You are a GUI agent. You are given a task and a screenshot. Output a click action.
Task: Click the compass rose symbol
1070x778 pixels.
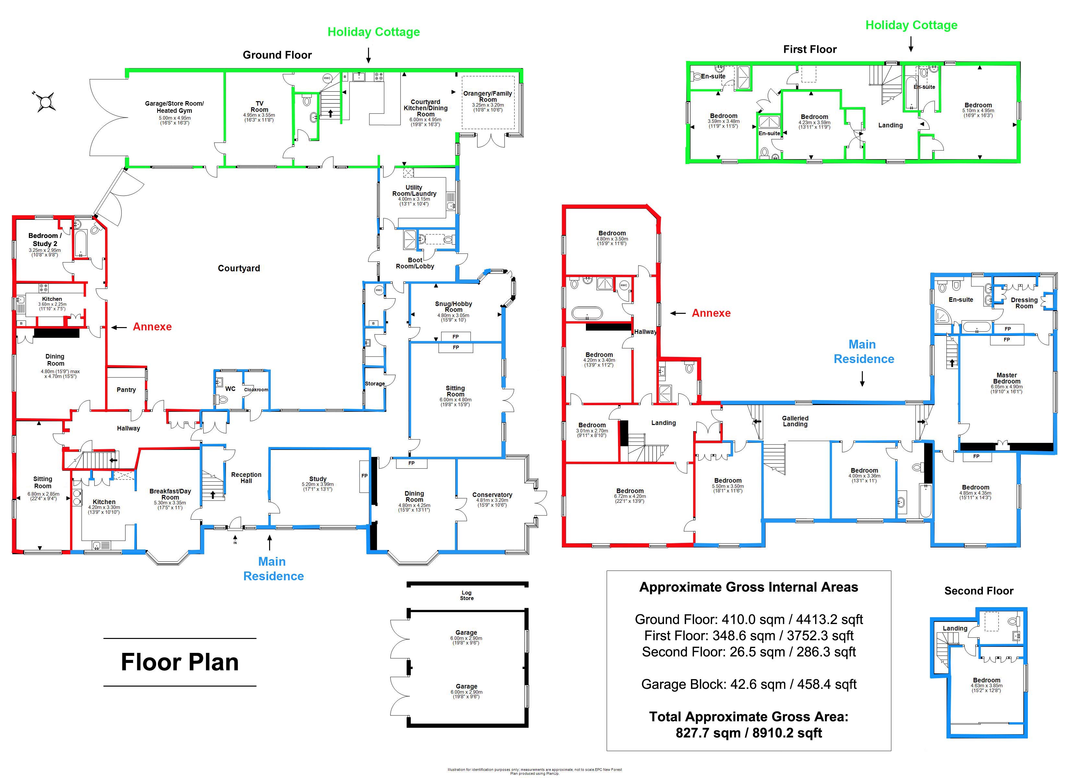[46, 101]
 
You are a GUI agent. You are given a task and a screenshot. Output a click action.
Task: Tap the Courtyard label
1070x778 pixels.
[239, 268]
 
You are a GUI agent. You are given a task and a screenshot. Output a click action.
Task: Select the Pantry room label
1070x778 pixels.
[126, 390]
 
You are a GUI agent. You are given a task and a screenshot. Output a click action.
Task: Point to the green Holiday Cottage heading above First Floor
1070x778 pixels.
[911, 25]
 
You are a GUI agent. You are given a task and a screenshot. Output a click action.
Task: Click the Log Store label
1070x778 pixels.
[467, 595]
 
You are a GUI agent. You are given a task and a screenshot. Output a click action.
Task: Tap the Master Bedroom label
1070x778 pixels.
[1006, 378]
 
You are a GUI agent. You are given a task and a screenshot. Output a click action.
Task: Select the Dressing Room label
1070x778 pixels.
[1024, 303]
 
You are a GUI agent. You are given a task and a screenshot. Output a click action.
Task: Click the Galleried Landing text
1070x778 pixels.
[795, 421]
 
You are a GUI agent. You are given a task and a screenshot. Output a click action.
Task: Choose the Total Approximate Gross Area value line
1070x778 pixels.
[749, 733]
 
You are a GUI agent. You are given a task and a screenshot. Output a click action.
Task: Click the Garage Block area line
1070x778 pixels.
[749, 684]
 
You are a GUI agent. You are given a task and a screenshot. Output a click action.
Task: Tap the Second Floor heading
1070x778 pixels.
[979, 591]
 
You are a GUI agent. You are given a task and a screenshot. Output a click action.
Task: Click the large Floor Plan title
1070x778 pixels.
[180, 662]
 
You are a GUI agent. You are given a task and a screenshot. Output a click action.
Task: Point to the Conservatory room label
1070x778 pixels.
[492, 495]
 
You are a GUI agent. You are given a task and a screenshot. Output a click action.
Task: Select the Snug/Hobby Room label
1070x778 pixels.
[453, 307]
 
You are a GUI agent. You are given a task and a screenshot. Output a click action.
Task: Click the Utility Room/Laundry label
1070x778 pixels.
[414, 190]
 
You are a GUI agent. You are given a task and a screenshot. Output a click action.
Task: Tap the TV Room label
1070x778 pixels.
[259, 107]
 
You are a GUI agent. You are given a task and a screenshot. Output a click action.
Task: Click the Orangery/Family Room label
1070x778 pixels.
[488, 96]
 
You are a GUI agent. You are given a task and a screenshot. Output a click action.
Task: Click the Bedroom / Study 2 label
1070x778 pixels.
[45, 240]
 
